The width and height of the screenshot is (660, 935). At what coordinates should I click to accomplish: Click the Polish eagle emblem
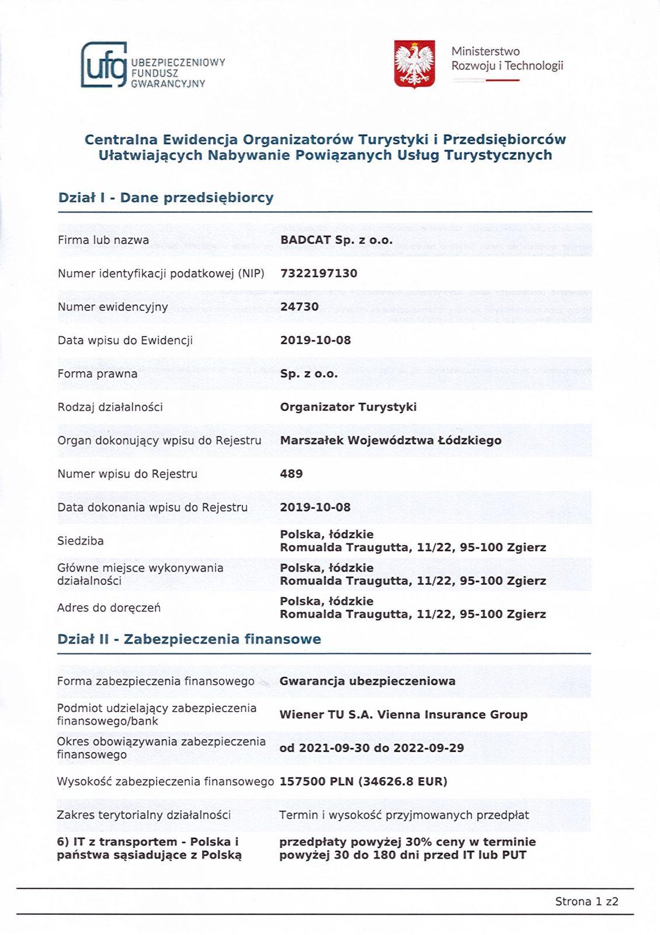coord(414,64)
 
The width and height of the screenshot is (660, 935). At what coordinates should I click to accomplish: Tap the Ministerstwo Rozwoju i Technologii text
coord(507,59)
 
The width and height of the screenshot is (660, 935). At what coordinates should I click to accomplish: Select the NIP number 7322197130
coord(318,273)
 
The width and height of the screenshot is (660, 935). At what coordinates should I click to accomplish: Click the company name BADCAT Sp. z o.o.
coord(336,240)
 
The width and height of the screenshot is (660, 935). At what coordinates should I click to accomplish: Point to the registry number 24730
coord(299,307)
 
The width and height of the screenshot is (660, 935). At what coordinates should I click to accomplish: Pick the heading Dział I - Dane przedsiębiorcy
coord(166,198)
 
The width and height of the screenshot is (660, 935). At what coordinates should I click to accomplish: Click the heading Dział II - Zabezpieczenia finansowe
coord(189,639)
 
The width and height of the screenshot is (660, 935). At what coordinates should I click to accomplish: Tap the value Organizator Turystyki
coord(348,407)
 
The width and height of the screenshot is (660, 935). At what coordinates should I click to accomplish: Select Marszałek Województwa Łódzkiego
coord(390,441)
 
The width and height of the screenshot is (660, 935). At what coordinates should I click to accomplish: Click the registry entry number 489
coord(291,474)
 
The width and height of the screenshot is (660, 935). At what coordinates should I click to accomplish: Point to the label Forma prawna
coord(98,374)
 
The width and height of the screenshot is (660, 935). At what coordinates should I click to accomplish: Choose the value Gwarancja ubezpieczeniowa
coord(367,681)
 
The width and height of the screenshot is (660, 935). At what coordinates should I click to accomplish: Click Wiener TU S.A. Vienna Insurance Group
coord(403,715)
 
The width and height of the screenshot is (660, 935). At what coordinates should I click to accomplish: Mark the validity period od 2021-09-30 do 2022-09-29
coord(371,748)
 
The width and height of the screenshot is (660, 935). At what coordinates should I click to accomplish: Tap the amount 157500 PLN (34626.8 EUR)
coord(363,781)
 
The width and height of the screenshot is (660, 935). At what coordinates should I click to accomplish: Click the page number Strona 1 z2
coord(586,902)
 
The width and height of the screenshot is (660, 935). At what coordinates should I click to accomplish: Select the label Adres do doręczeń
coord(109,608)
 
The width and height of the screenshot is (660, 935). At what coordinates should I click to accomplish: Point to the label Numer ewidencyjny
coord(113,307)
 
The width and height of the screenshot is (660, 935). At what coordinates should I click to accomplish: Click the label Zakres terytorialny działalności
coord(144,815)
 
